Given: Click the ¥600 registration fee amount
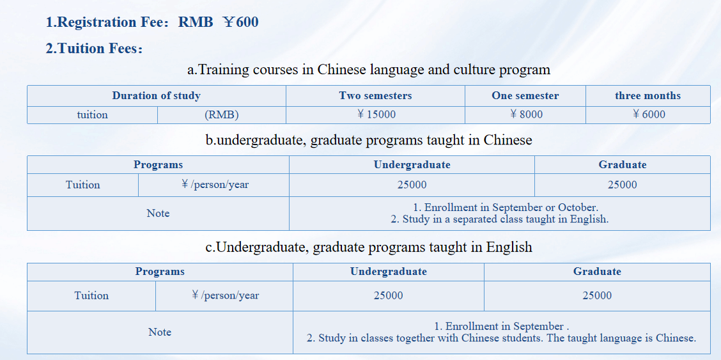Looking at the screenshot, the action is click(x=240, y=22).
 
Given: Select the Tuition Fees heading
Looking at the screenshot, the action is click(x=94, y=48).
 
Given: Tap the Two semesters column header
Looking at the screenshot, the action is click(x=375, y=96).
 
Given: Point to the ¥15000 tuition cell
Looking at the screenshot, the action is click(x=376, y=114).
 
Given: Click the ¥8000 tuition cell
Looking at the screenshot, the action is click(x=525, y=114).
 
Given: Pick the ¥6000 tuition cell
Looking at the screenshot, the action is click(x=648, y=114).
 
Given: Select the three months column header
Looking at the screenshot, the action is click(x=648, y=96).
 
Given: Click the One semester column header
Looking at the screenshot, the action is click(x=525, y=96).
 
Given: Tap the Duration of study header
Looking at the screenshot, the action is click(x=157, y=96).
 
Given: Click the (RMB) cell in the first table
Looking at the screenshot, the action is click(x=222, y=114).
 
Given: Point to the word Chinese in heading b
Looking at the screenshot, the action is click(x=508, y=140).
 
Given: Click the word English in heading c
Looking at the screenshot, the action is click(x=509, y=247).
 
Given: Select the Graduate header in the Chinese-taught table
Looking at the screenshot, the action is click(x=622, y=164).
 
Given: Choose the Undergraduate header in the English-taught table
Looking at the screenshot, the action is click(x=389, y=271).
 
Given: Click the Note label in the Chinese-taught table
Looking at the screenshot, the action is click(x=158, y=214).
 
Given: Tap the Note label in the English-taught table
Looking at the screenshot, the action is click(x=160, y=332).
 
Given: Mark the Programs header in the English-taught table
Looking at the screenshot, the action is click(x=160, y=271).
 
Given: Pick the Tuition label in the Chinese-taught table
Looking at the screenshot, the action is click(x=82, y=185).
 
